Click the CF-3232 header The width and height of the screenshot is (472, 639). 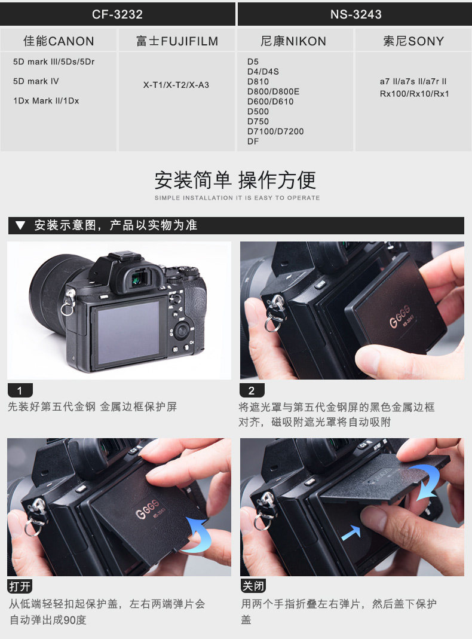coord(117,14)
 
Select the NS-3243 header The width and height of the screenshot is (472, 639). coord(356,14)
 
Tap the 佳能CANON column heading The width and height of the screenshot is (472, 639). coord(59,41)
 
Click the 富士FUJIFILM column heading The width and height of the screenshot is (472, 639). coord(177,41)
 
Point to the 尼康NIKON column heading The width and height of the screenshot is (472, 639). coord(293,41)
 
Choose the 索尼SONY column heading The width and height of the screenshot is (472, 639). coord(413,41)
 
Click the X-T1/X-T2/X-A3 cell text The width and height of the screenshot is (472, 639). coord(176,85)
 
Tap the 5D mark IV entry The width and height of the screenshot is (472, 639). coord(36,81)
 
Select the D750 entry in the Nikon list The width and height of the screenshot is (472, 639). coord(258,121)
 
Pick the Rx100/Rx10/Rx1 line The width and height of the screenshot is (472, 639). coord(414,94)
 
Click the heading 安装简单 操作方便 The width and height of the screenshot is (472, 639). coord(235,180)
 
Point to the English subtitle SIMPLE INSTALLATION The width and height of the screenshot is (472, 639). coord(194,198)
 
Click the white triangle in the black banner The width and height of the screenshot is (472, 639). coord(20,225)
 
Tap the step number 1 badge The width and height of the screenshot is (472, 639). coord(20,390)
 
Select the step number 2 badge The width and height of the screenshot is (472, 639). coord(252,390)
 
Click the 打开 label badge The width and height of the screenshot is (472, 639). coord(20,586)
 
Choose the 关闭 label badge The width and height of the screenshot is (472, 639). coord(253,586)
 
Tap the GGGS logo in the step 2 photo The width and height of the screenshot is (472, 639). coord(399,316)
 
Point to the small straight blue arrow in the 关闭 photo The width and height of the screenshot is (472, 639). coord(351,533)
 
